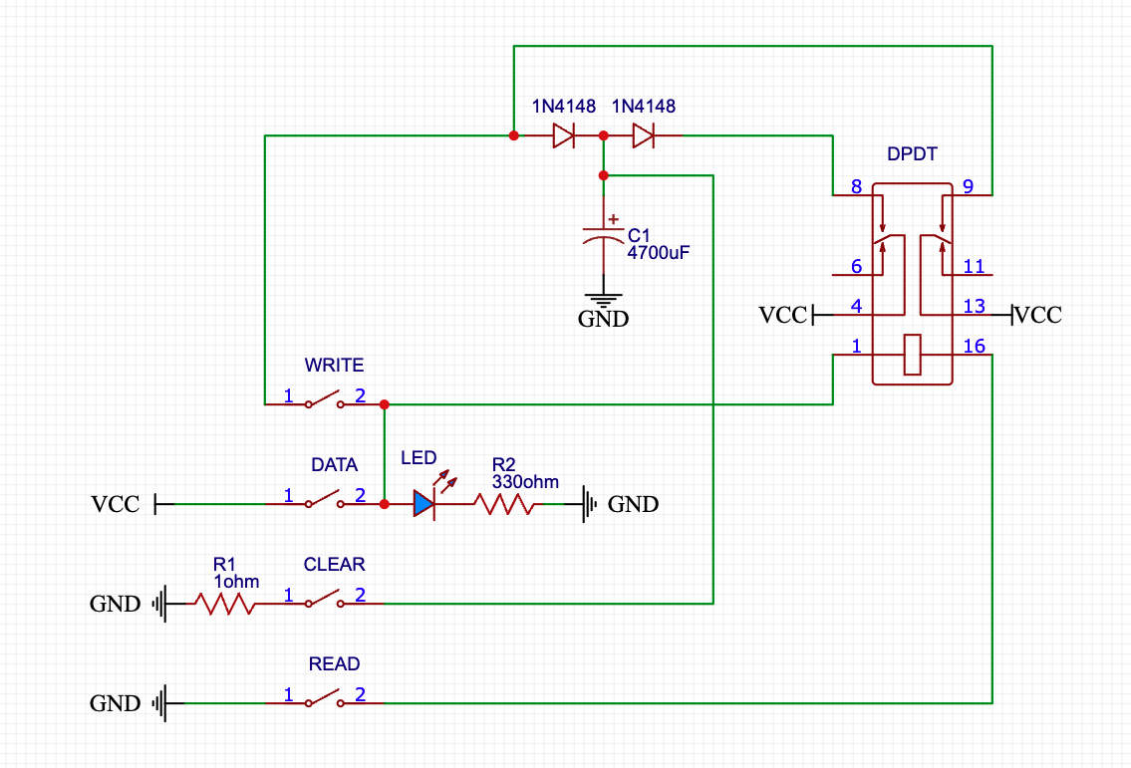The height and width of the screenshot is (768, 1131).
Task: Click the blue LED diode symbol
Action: tap(424, 504)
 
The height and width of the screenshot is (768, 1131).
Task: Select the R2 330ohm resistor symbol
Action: tap(505, 504)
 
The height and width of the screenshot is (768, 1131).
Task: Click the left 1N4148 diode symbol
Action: tap(564, 135)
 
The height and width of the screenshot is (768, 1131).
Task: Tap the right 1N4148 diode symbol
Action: tap(644, 135)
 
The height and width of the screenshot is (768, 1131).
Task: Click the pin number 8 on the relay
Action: tap(857, 186)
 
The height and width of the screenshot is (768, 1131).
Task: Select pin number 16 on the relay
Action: tap(974, 346)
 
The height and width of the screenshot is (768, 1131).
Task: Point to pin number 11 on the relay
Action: tap(974, 266)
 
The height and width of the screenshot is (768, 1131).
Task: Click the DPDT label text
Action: tap(912, 154)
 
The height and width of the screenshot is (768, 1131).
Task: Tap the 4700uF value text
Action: tap(658, 253)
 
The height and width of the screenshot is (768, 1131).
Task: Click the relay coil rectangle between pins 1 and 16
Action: tap(913, 355)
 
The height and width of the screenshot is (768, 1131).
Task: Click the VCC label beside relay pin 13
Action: tap(1038, 316)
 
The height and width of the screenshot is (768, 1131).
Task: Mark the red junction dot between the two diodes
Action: tap(604, 135)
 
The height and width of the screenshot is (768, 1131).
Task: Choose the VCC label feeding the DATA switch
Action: tap(116, 505)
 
